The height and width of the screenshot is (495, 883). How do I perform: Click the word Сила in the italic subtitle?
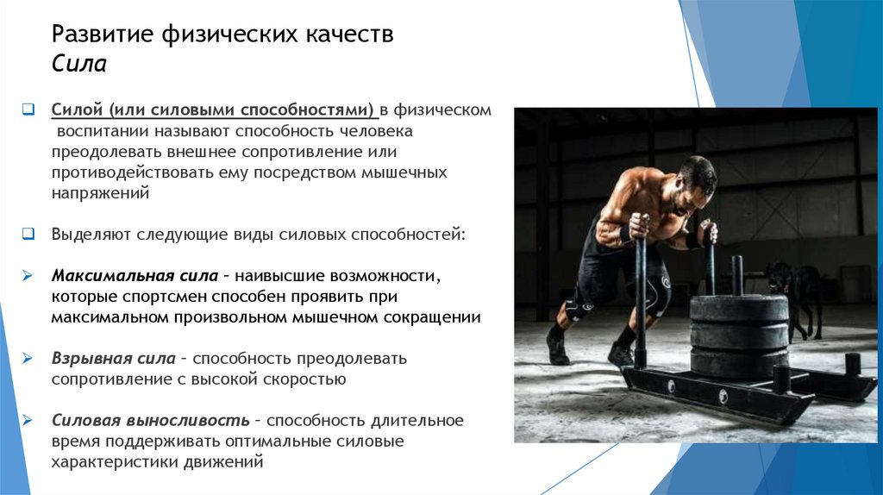[78, 65]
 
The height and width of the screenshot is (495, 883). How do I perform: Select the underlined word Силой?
[77, 110]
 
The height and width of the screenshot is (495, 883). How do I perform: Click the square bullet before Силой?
[28, 110]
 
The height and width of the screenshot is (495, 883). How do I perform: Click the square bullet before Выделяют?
[28, 234]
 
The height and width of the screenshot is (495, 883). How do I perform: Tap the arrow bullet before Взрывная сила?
[28, 358]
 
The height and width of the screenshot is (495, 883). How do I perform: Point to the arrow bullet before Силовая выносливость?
[28, 421]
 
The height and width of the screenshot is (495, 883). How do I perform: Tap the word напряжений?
[100, 194]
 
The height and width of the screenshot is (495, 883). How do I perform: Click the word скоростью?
[299, 379]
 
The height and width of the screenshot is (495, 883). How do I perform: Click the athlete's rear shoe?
[557, 346]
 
